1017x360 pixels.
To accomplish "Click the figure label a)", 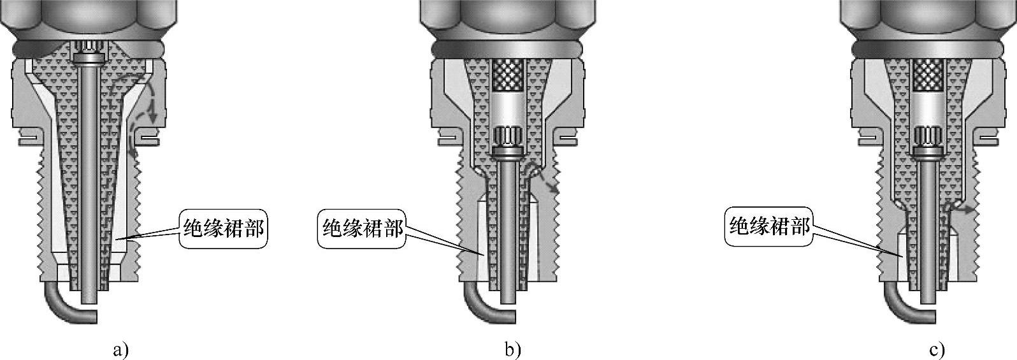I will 120,350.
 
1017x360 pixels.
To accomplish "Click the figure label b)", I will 512,350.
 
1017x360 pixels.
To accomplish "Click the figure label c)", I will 937,350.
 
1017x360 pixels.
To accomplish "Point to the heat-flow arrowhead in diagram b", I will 554,189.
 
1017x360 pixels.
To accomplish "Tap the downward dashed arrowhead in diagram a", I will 152,118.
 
